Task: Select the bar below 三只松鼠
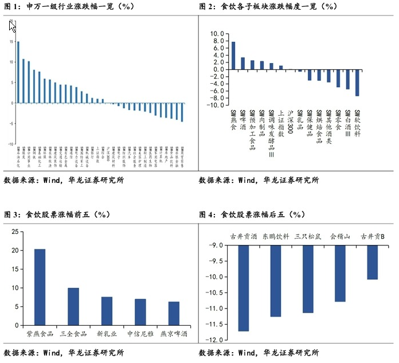coord(308,279)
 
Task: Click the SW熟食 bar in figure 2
coord(233,56)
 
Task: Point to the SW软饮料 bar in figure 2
coord(357,83)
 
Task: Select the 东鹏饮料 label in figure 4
coord(276,236)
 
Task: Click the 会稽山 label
coord(340,236)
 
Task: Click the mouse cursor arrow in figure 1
coord(13,26)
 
